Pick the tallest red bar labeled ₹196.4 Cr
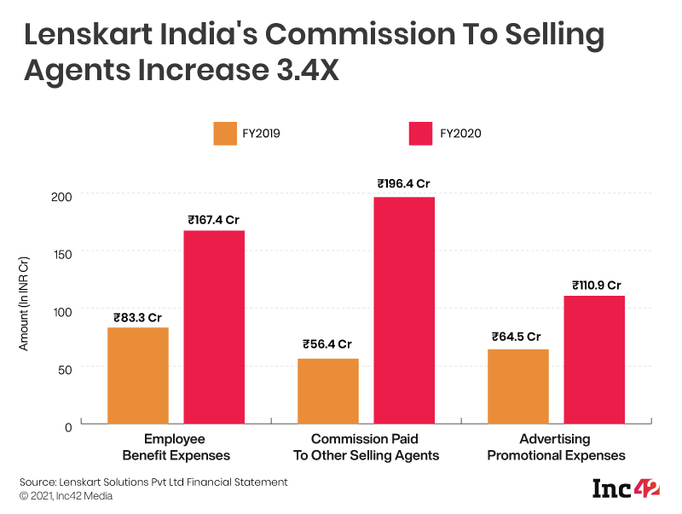[404, 310]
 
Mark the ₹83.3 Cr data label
[137, 318]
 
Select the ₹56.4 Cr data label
[327, 345]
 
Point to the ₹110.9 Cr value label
[594, 286]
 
